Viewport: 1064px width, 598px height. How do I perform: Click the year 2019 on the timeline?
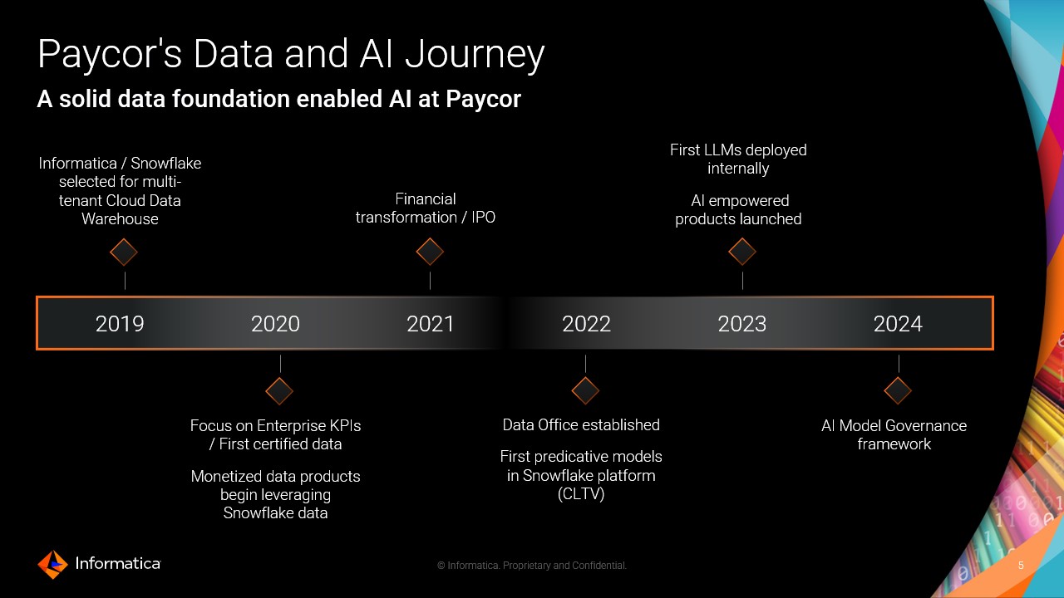click(x=120, y=324)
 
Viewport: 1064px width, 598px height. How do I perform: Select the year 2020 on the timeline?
click(x=275, y=324)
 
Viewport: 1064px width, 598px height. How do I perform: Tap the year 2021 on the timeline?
click(x=431, y=324)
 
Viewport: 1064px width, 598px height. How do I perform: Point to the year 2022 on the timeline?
click(x=586, y=324)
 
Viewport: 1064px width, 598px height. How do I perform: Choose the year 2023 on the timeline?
click(x=742, y=324)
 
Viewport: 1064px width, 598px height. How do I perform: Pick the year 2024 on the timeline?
click(x=898, y=324)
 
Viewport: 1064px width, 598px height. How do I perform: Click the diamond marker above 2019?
click(x=124, y=252)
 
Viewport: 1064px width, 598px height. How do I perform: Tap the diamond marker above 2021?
click(x=430, y=252)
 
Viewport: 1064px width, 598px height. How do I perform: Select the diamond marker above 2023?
click(x=742, y=252)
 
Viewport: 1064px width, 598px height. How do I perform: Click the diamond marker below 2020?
click(x=279, y=391)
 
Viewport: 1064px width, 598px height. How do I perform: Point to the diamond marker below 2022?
click(x=585, y=390)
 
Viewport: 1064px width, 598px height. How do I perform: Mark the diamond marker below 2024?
click(x=898, y=390)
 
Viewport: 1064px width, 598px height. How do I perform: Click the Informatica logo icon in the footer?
click(x=52, y=564)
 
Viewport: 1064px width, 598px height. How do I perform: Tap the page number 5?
click(x=1021, y=566)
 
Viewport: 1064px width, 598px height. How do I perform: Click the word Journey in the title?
click(x=475, y=55)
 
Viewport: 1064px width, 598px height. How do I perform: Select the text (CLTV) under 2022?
click(x=581, y=494)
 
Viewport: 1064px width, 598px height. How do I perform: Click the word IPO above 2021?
click(x=483, y=218)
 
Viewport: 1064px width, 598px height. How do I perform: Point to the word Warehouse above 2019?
click(x=120, y=218)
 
